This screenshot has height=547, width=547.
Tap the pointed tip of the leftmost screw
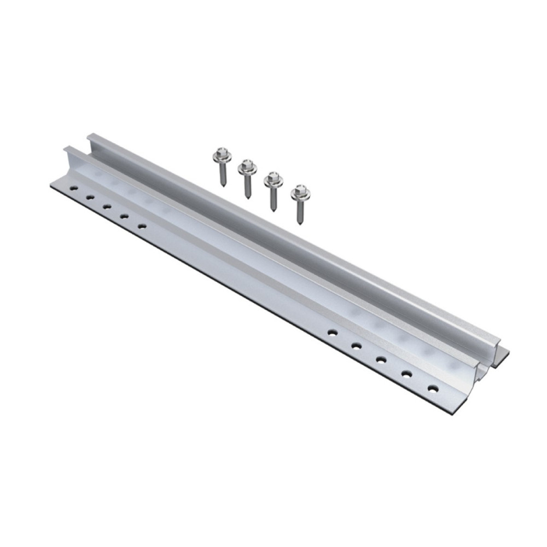coord(223,185)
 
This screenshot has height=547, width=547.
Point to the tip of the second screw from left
coord(249,197)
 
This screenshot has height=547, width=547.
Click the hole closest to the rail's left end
coord(73,189)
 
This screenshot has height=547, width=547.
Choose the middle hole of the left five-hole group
coord(107,207)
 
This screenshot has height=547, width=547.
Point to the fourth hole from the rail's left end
coord(125,216)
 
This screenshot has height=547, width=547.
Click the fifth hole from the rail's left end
coord(142,225)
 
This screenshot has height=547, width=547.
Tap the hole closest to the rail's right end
coord(433,389)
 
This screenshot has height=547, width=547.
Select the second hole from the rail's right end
coord(406,374)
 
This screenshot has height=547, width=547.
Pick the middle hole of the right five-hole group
coord(381,359)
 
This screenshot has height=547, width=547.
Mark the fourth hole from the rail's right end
coord(356,345)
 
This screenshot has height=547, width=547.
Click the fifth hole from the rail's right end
coord(331,331)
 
